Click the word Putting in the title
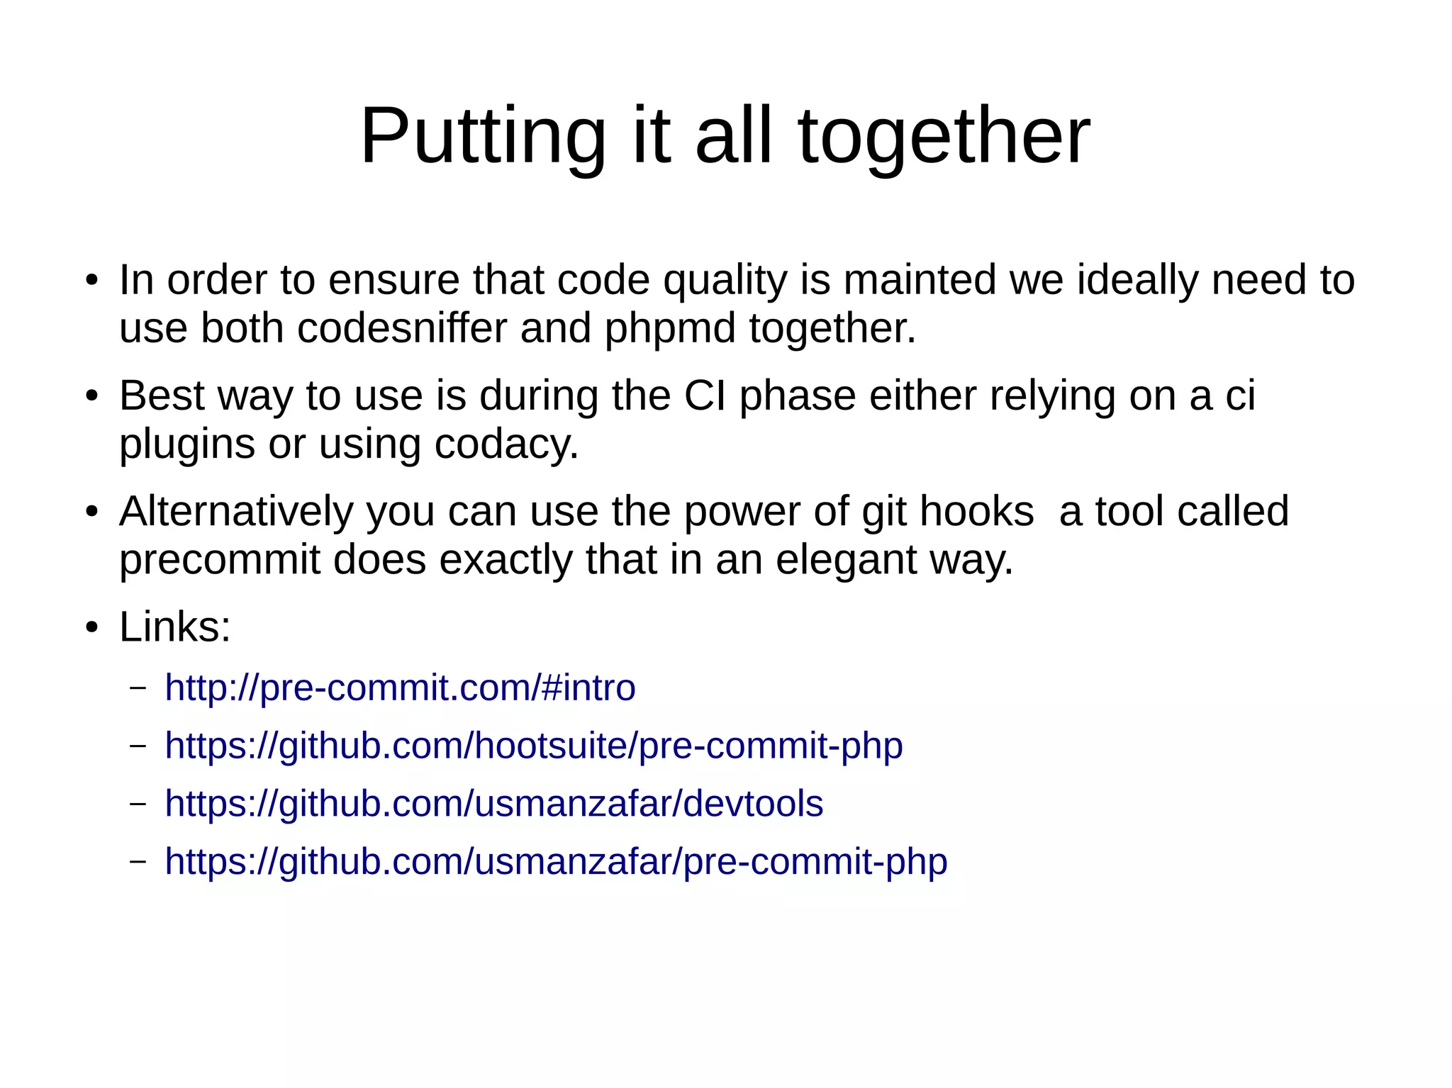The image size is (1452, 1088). click(482, 136)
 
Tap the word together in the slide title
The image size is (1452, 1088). click(944, 136)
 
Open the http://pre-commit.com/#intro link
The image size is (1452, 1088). click(400, 688)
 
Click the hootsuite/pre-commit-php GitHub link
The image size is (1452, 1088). click(533, 746)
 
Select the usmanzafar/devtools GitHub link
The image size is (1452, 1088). click(493, 804)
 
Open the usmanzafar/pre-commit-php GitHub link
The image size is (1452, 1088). click(556, 862)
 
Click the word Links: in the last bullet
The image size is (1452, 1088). click(175, 627)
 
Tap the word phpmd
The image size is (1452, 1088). click(670, 330)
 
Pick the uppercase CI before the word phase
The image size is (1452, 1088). click(705, 396)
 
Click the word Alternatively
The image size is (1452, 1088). click(236, 512)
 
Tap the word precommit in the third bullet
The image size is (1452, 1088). click(220, 561)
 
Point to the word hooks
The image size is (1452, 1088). click(976, 512)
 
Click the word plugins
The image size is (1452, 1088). click(187, 445)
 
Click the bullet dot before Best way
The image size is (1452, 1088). click(91, 397)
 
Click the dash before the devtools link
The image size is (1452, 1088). click(138, 804)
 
